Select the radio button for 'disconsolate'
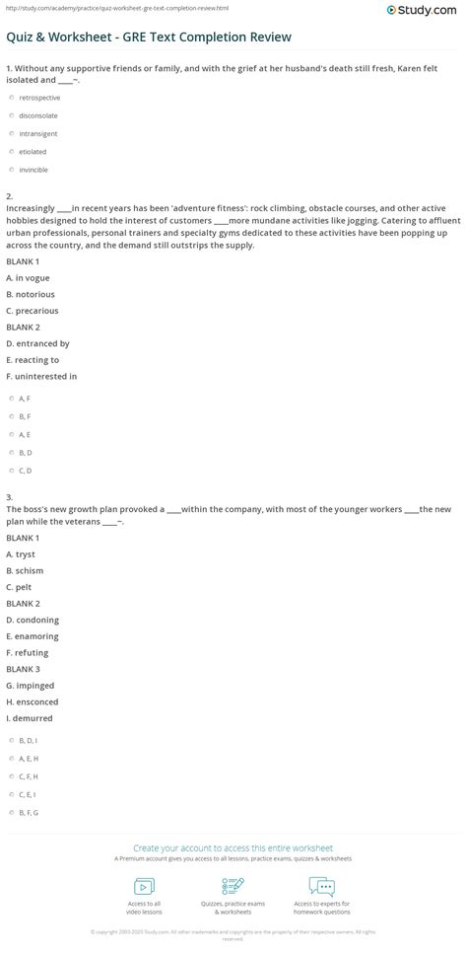point(9,116)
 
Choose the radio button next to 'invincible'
point(9,170)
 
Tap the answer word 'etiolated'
point(33,152)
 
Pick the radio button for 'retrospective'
point(9,99)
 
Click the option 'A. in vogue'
point(28,277)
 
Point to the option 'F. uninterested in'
point(41,376)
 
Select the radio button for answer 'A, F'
point(9,399)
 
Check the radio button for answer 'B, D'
point(9,452)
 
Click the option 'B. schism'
point(25,570)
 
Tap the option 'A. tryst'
point(23,554)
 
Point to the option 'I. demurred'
point(30,717)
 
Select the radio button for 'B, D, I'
point(9,740)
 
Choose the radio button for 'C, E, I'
point(9,793)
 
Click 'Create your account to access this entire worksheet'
point(233,847)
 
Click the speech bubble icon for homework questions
point(321,886)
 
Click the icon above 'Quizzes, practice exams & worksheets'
point(233,886)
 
